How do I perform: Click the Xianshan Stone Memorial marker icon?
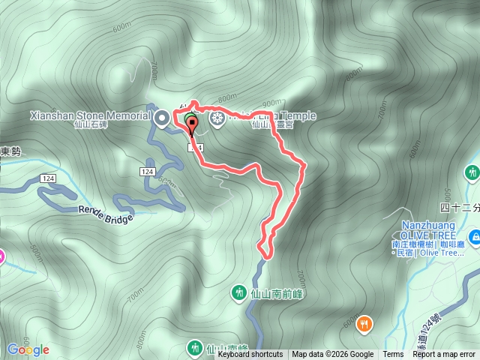point(162,117)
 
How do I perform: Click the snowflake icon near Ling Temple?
point(217,118)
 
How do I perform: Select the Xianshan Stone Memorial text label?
point(91,116)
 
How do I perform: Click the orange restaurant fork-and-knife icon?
point(364,323)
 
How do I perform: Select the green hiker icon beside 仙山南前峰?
point(239,291)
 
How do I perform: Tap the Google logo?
point(28,349)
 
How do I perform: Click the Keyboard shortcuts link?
point(250,355)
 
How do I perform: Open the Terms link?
point(393,355)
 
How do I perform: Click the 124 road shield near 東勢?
point(48,178)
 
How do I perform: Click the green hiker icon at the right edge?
point(472,173)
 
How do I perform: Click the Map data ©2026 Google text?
point(333,355)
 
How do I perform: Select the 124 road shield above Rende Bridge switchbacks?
point(146,172)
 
